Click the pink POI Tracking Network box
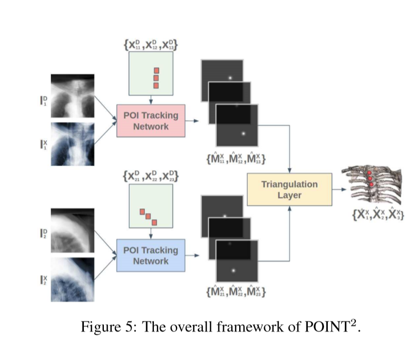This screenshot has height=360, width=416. point(151,121)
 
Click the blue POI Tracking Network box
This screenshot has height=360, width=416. point(151,256)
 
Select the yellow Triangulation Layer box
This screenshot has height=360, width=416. point(289,189)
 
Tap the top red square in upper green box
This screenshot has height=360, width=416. point(156,71)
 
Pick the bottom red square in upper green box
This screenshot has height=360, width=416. point(156,86)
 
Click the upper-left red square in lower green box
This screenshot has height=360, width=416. point(142,211)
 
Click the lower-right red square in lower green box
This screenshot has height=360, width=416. point(154,222)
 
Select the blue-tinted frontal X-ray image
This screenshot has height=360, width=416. point(72,144)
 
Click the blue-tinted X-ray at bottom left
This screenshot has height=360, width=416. point(72,279)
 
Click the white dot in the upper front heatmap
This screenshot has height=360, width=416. point(243,134)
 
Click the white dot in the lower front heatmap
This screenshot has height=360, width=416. point(233,271)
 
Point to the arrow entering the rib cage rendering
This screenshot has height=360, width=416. point(339,189)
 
